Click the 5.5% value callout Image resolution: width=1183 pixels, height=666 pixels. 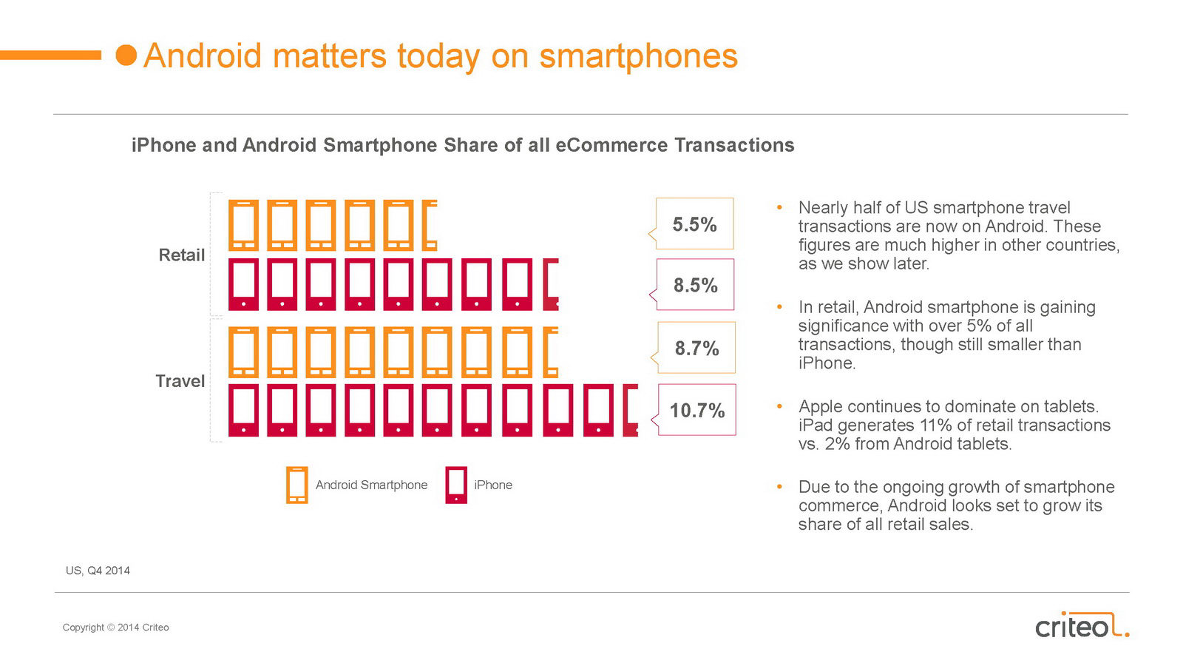[694, 224]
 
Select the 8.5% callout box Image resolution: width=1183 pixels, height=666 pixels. [695, 285]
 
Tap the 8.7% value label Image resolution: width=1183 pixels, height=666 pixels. [696, 348]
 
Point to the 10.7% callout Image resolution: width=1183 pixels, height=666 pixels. [697, 410]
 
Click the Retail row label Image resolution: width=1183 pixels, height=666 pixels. [181, 255]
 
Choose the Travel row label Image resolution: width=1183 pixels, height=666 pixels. [180, 381]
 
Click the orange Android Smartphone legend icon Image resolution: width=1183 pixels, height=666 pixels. [296, 485]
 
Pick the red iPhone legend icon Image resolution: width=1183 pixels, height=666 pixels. [456, 485]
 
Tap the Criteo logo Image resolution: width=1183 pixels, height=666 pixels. [1081, 626]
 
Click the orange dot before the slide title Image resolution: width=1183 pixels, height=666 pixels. [126, 55]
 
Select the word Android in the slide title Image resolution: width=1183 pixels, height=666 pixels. [203, 56]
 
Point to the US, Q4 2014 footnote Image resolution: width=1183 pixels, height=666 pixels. [98, 571]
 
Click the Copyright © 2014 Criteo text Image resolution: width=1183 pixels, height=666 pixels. [115, 628]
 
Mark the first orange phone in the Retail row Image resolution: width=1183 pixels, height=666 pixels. [243, 225]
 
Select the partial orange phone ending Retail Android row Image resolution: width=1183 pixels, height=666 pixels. [430, 225]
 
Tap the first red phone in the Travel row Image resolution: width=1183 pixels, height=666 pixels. [243, 410]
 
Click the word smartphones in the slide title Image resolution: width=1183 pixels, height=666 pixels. [638, 56]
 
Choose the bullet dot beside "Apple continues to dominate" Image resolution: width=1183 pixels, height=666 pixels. [779, 406]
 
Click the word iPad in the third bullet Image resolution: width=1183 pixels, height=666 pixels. [815, 425]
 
